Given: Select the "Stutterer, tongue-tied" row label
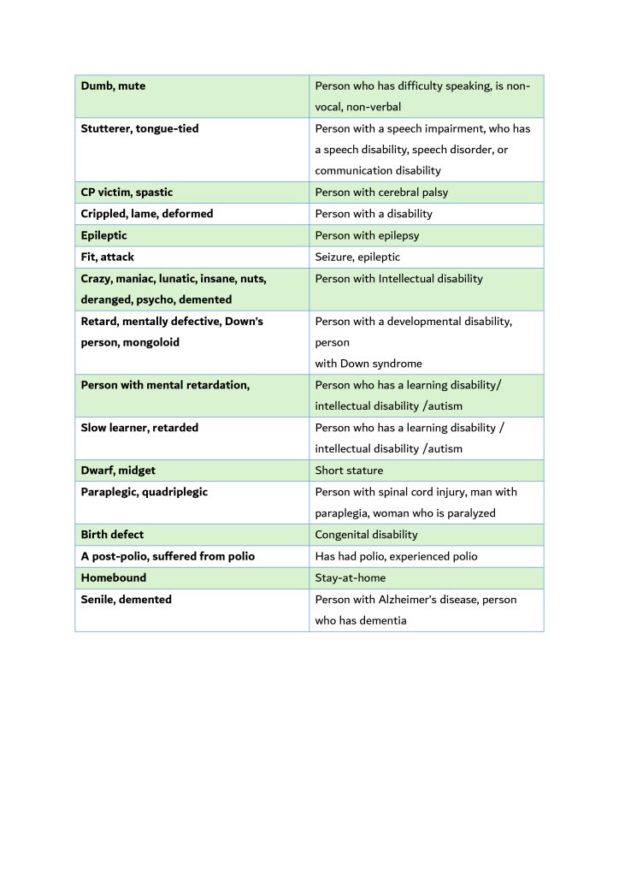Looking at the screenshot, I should (x=139, y=128).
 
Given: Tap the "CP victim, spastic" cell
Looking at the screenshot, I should (x=127, y=192).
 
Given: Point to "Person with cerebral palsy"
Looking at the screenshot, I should (x=381, y=192).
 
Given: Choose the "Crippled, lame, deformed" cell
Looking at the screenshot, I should (x=147, y=214).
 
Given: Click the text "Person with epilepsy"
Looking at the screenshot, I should (x=367, y=235).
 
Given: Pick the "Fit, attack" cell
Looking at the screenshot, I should (x=108, y=257).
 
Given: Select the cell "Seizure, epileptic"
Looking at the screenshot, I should (x=357, y=257).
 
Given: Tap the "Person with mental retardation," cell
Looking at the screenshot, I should (x=165, y=385).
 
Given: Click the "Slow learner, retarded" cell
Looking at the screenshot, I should (x=139, y=428).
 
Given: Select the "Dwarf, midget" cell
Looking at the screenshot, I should (x=118, y=471).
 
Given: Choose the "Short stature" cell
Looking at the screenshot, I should (x=349, y=471).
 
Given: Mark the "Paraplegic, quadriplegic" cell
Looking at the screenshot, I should (x=144, y=492).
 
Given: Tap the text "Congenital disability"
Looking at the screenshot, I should (x=367, y=535).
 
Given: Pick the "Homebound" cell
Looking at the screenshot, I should (x=114, y=577).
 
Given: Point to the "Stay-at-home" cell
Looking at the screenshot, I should (x=351, y=577).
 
